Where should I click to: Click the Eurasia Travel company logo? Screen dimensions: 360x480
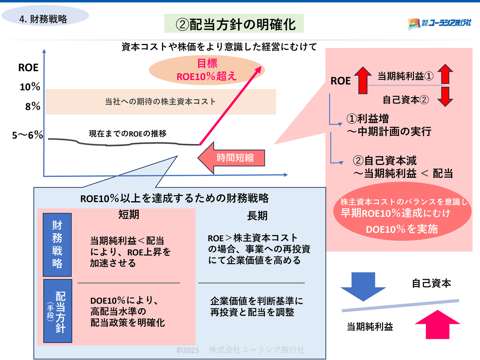pos(439,23)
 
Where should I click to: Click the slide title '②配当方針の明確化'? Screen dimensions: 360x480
pos(234,24)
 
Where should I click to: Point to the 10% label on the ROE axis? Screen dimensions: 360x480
pos(30,87)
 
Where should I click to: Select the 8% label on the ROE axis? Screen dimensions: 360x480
pos(33,106)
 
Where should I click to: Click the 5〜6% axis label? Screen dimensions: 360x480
pos(27,135)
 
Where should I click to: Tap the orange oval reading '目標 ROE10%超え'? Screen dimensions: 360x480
pos(207,70)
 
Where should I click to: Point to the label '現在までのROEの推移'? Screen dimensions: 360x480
pos(127,133)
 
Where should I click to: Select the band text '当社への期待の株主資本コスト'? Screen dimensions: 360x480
pos(160,102)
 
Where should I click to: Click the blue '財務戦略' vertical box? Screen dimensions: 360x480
pos(57,244)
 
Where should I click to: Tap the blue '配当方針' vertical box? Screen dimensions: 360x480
pos(58,311)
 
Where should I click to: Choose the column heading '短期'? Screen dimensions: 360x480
pos(129,214)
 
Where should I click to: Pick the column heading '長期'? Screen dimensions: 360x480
pos(257,216)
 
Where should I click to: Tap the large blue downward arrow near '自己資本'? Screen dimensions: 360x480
pos(363,286)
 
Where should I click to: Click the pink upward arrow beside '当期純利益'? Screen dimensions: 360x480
pos(437,324)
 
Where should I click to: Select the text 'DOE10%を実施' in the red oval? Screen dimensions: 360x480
pos(402,229)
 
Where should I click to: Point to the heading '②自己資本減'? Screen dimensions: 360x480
pos(385,161)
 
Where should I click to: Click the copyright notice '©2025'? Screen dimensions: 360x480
pos(187,350)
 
